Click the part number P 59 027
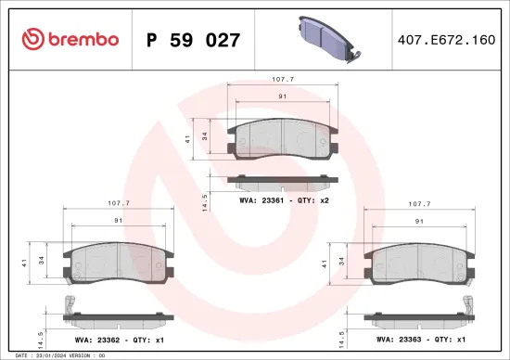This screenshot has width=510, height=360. pyautogui.click(x=194, y=40)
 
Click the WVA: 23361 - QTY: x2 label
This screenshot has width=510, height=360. pyautogui.click(x=284, y=200)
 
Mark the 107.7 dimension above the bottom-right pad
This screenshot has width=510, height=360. pyautogui.click(x=419, y=202)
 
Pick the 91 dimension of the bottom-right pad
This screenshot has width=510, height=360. pyautogui.click(x=419, y=220)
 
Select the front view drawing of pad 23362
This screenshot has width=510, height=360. pyautogui.click(x=116, y=264)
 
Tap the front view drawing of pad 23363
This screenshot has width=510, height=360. pyautogui.click(x=420, y=264)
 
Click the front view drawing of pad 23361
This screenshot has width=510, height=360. pyautogui.click(x=283, y=137)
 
